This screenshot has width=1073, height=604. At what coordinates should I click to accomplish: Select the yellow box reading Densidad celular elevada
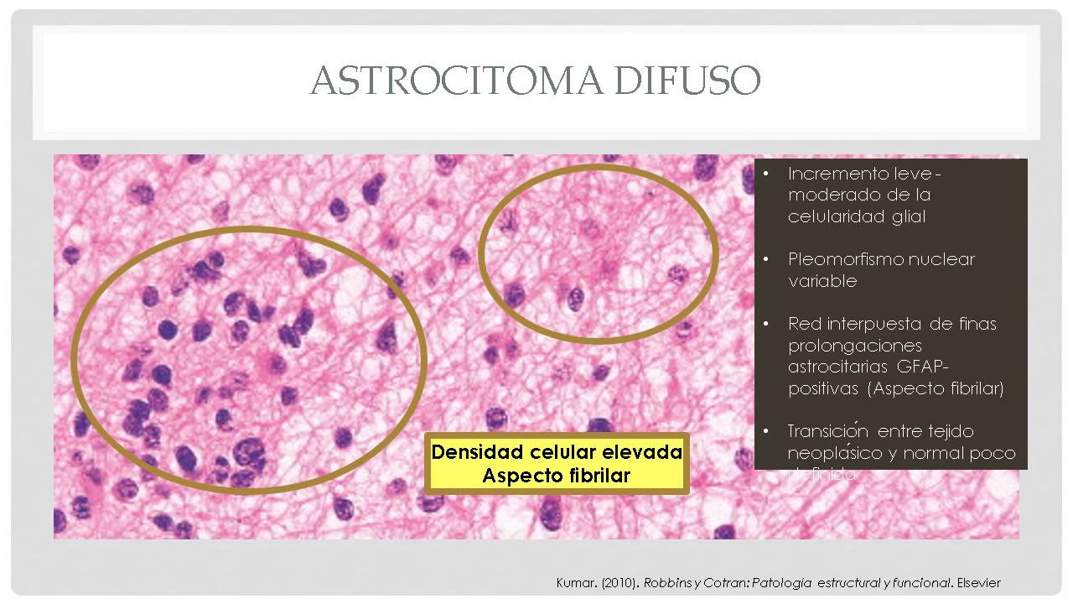(x=557, y=463)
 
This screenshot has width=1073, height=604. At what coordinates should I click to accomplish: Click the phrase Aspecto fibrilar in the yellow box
(x=557, y=476)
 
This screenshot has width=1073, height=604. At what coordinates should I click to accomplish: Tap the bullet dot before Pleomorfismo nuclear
(x=766, y=259)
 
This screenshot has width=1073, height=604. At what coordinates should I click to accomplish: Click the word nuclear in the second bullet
(x=951, y=259)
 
